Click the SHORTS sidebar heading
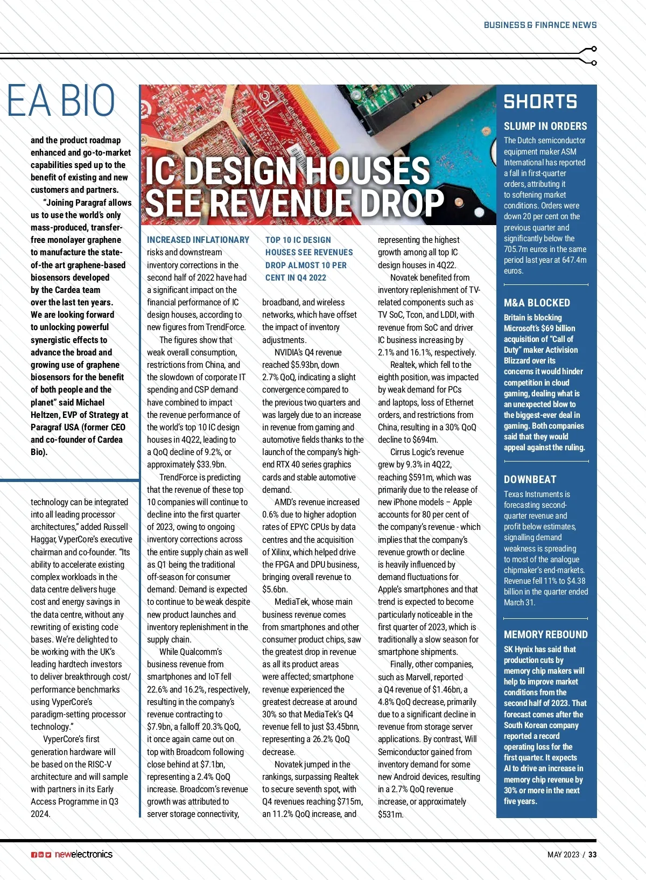pos(540,102)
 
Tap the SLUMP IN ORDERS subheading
pos(545,127)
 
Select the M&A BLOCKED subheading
pos(537,303)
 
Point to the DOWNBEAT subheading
pos(530,479)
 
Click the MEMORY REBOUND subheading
pos(545,634)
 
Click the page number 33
pos(592,855)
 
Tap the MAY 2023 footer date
pos(563,855)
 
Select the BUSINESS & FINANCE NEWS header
pos(540,25)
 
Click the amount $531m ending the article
pos(390,814)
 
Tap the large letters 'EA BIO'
pos(61,101)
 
